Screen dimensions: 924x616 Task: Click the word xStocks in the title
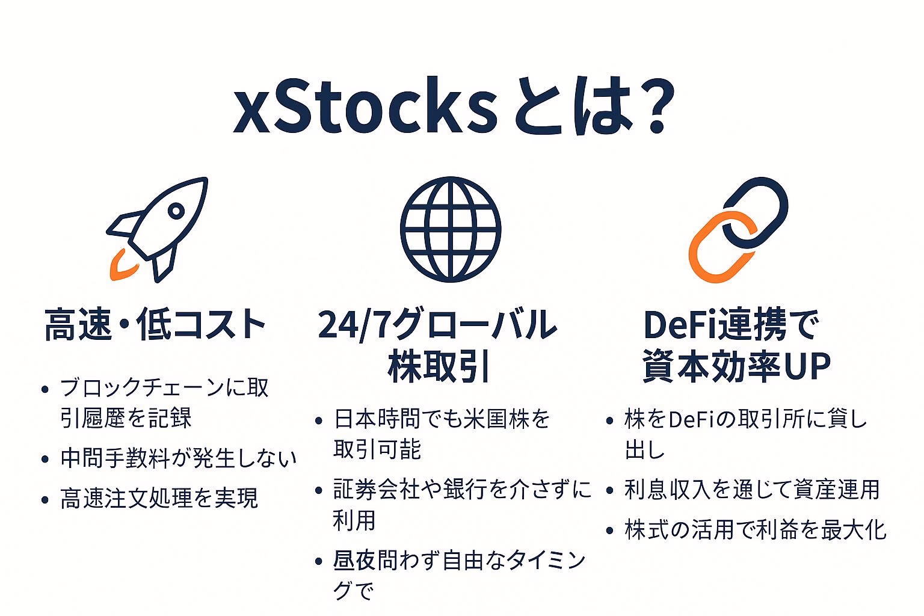(366, 106)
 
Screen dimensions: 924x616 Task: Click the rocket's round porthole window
(176, 211)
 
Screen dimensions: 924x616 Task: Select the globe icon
(451, 229)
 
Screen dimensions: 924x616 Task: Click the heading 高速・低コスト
(155, 324)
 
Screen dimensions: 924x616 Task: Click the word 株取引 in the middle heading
(439, 366)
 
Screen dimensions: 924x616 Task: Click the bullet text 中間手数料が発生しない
(179, 458)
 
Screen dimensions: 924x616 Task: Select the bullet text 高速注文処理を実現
(159, 498)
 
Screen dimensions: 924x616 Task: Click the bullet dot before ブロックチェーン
(45, 389)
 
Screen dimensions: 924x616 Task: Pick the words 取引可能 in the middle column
(377, 449)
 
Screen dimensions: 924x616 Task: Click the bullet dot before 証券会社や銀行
(318, 490)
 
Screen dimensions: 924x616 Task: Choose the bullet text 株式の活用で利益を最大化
(756, 530)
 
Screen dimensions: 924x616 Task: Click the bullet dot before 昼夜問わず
(318, 561)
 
